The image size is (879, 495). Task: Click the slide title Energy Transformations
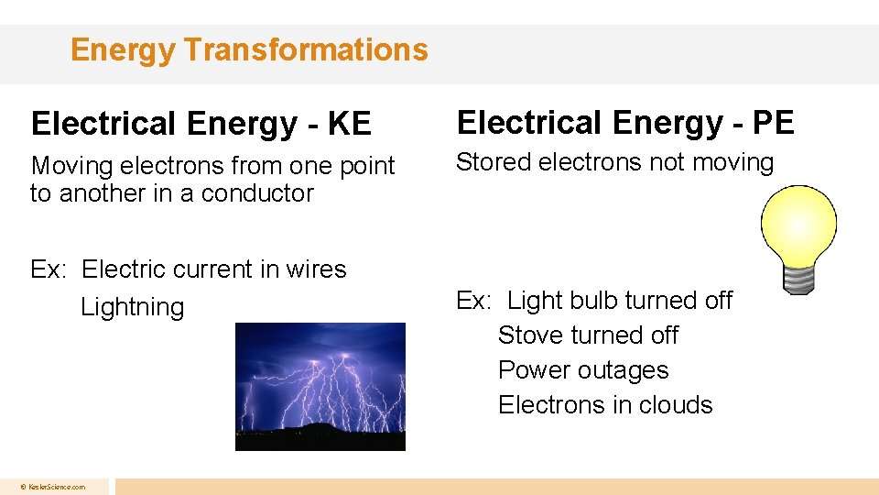(249, 49)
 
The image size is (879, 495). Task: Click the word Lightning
(133, 307)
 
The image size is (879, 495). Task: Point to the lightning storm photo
(320, 385)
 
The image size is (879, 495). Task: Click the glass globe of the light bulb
(798, 221)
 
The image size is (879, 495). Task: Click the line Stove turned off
(588, 335)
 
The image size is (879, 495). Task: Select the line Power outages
(583, 370)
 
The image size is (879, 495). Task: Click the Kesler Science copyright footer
(54, 487)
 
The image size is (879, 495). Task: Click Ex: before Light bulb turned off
(473, 301)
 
